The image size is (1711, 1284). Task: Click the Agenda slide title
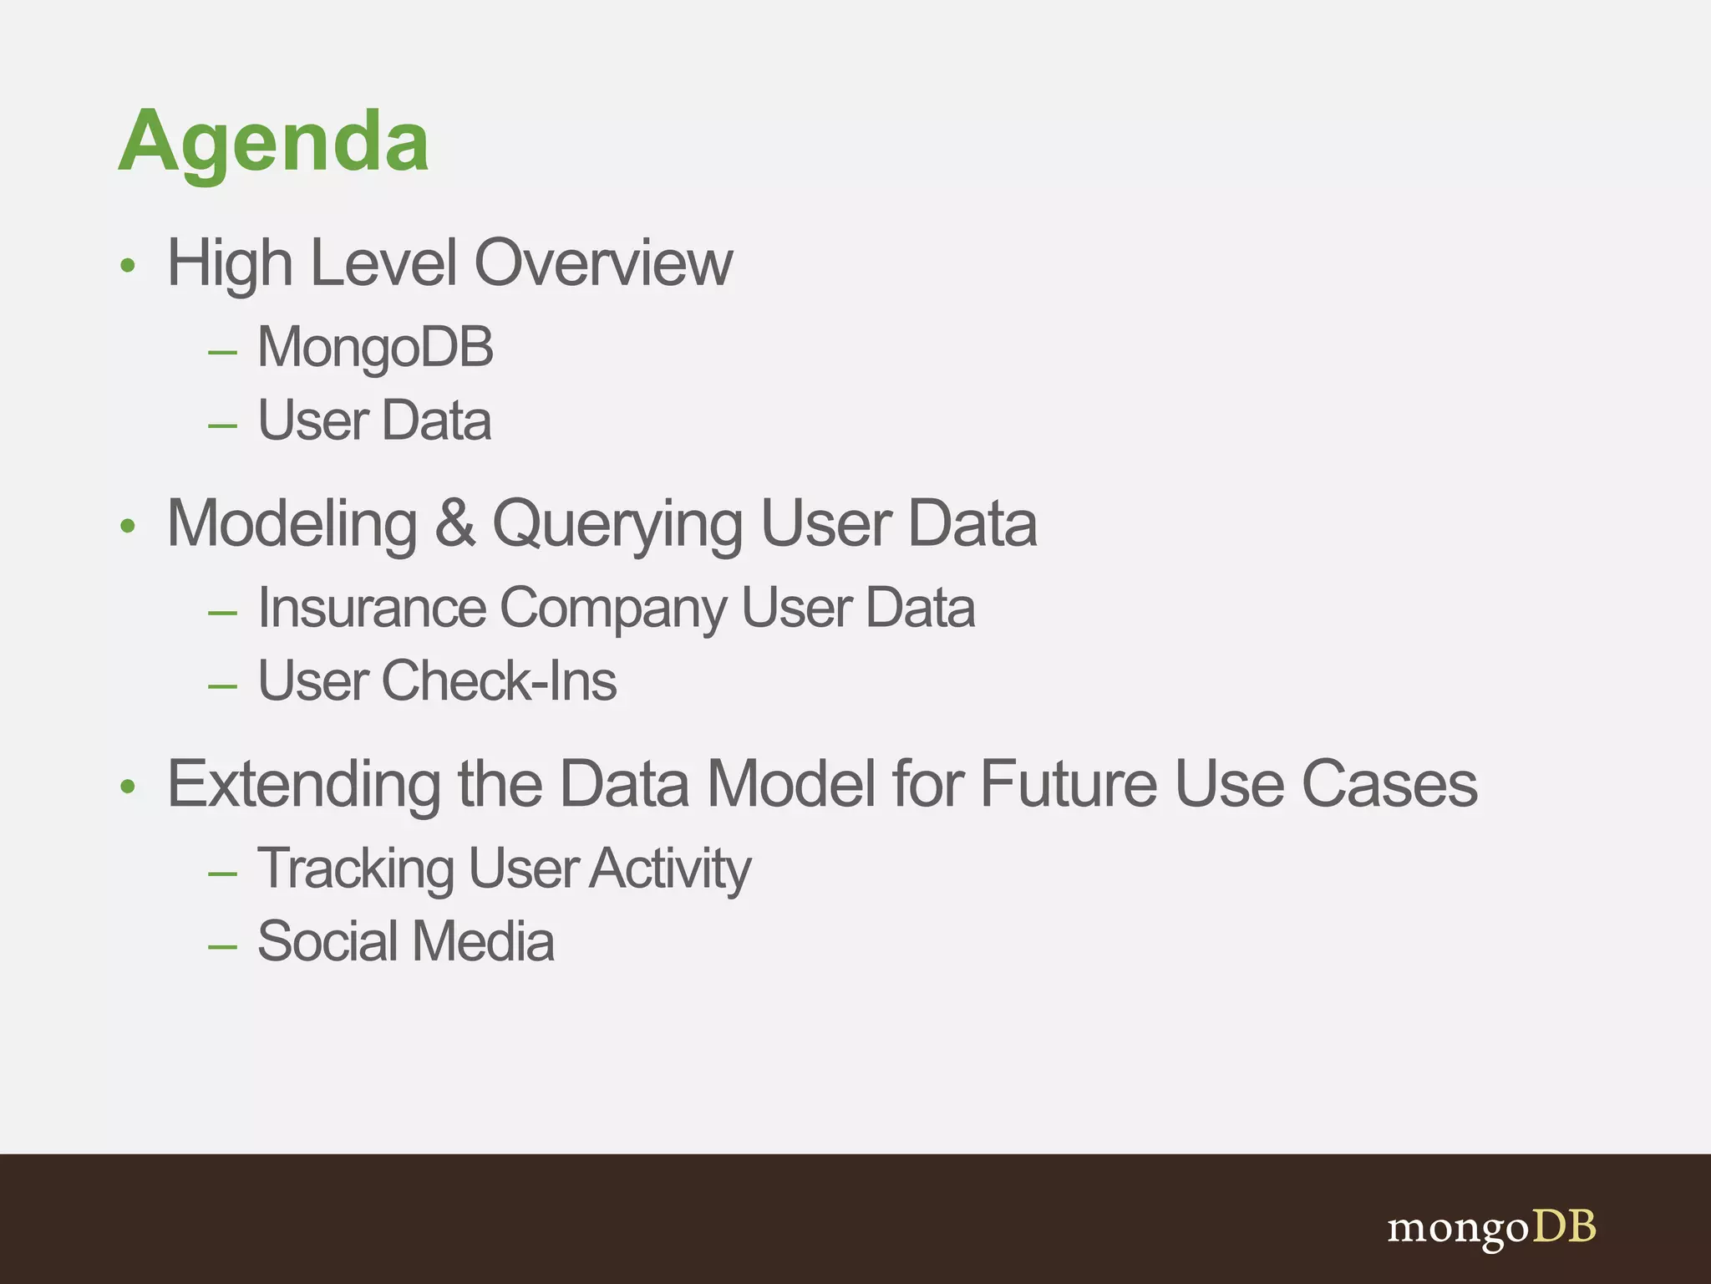tap(273, 142)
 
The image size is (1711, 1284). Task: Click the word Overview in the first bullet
tap(603, 263)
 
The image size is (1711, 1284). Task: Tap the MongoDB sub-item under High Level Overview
tap(375, 347)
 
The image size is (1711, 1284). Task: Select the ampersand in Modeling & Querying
tap(454, 523)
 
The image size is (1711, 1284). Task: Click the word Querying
tap(617, 525)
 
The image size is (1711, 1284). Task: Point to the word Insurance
tap(372, 608)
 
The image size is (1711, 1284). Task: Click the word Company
tap(613, 609)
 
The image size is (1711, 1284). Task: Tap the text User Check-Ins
tap(437, 680)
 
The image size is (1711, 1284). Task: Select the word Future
tap(1069, 784)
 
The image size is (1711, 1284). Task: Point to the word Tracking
tap(356, 869)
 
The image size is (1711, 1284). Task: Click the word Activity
tap(671, 869)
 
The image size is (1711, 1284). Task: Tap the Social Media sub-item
tap(406, 942)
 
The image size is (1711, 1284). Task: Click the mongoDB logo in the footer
tap(1491, 1228)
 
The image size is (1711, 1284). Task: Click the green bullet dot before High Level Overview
tap(127, 266)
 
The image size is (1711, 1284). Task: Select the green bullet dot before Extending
tap(127, 787)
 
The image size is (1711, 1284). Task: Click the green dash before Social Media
tap(222, 947)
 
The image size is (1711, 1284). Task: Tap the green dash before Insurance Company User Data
tap(222, 614)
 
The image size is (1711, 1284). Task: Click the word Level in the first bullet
tap(383, 263)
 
